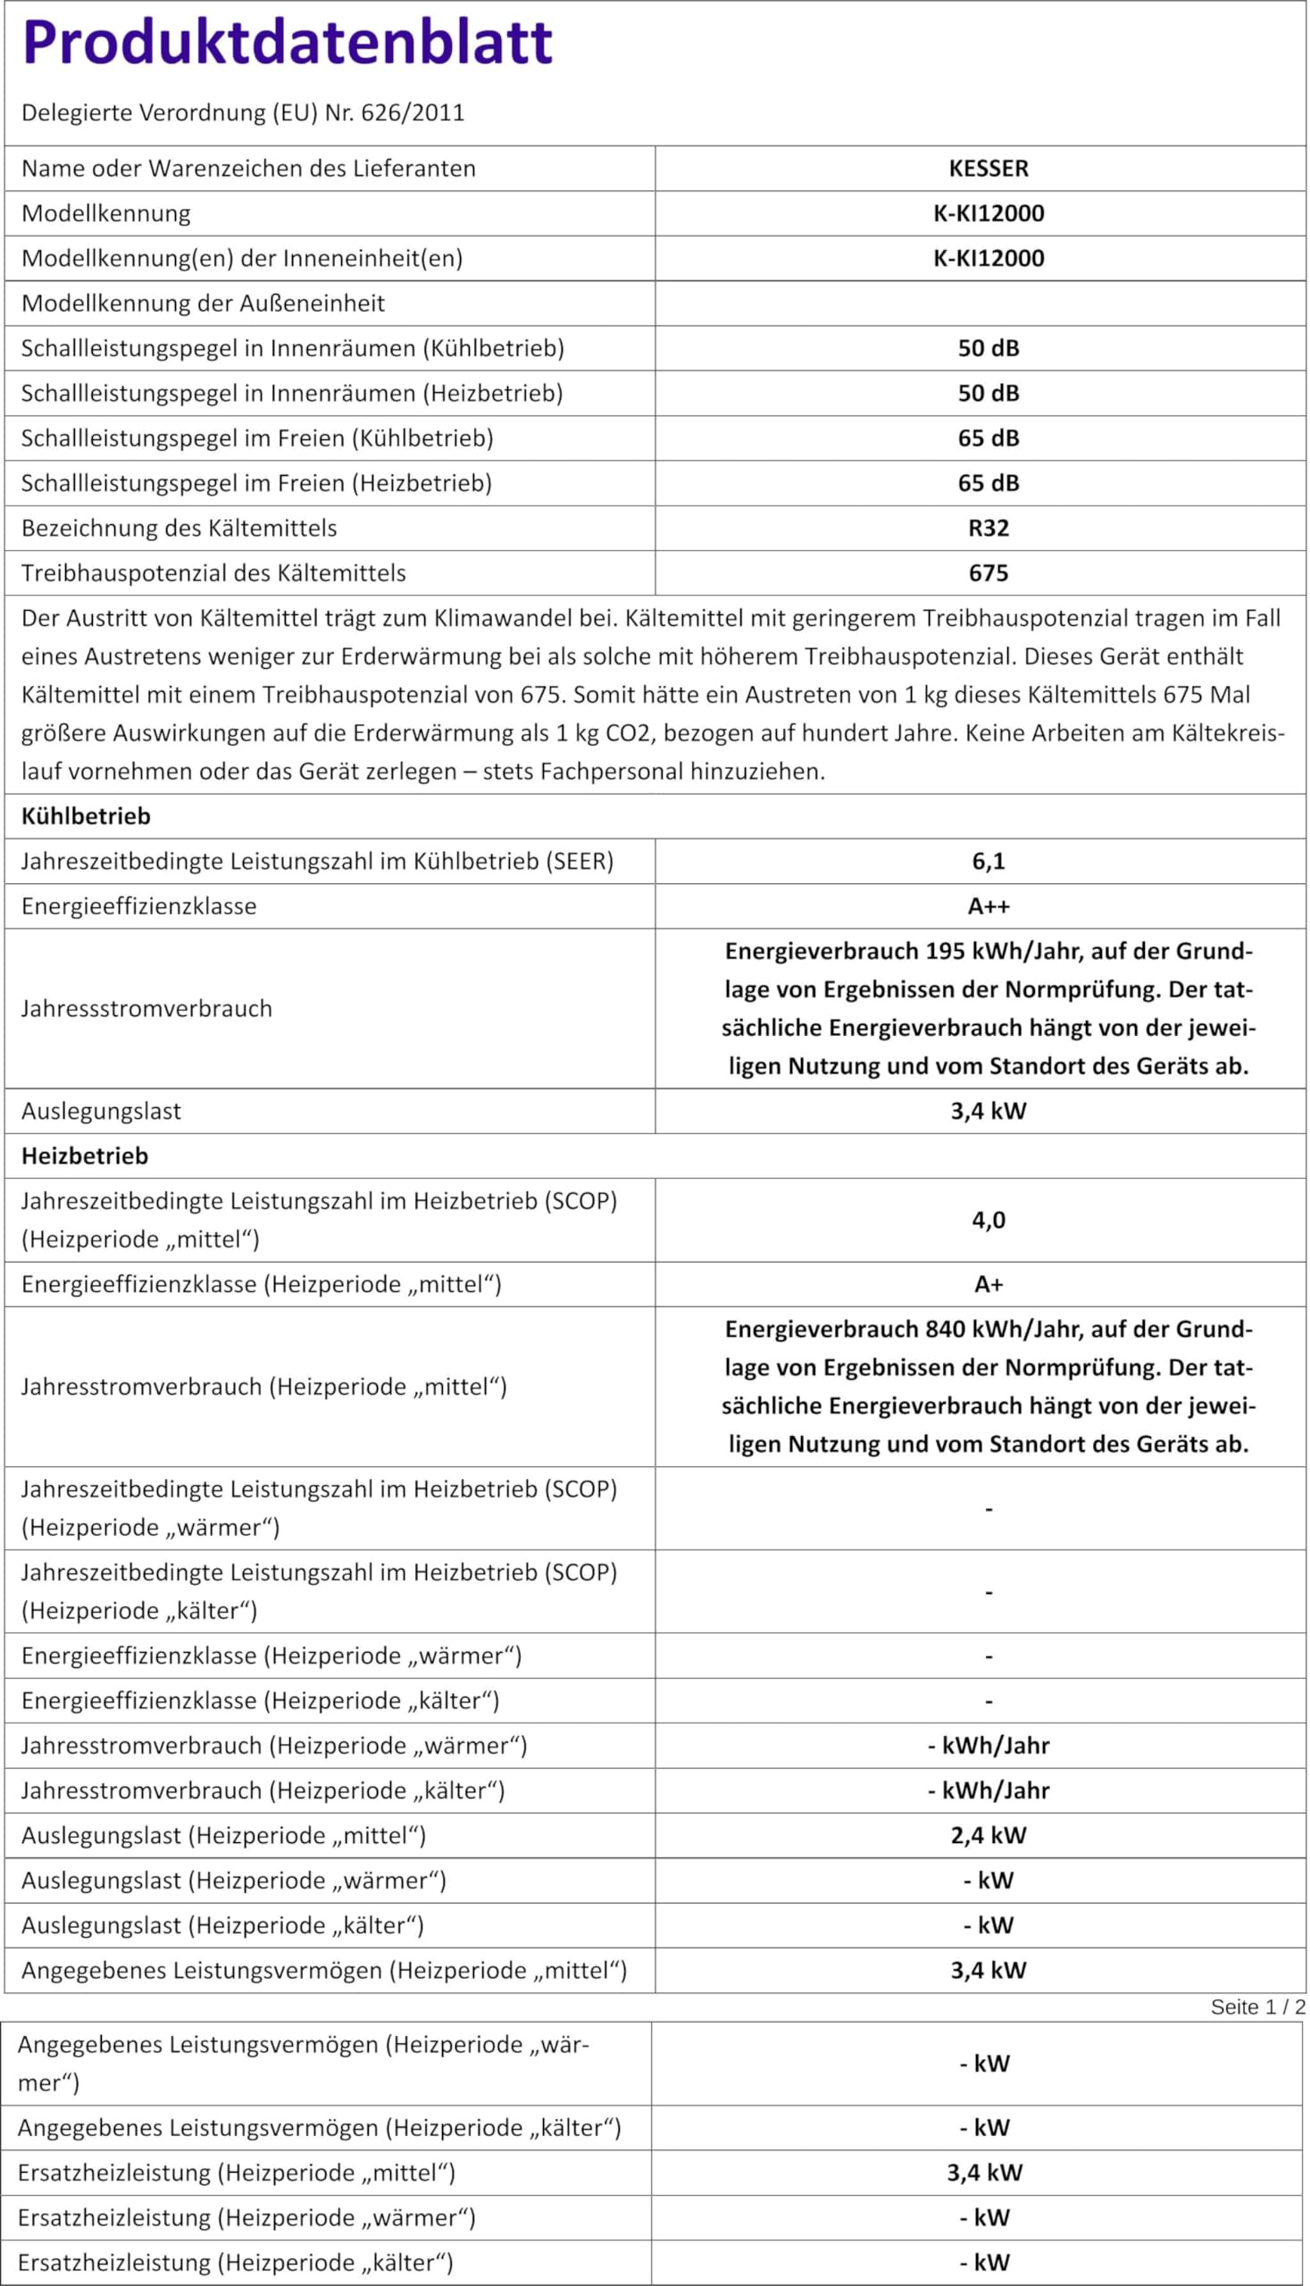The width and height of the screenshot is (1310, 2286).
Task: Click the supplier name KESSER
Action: point(988,168)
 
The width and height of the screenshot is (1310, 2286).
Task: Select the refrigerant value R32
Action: point(988,528)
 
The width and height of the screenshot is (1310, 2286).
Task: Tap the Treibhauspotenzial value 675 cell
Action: point(988,573)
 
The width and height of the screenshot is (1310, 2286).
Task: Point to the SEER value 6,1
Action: point(988,861)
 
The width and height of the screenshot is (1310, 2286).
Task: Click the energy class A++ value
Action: point(988,906)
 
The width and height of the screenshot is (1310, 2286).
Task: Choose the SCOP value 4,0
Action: point(988,1220)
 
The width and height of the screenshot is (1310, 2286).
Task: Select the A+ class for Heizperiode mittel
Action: point(988,1285)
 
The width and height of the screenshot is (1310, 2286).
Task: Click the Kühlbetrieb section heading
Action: point(86,816)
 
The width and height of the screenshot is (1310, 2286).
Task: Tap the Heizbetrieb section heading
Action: point(85,1156)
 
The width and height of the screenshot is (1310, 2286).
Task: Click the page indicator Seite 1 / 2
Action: point(1257,2007)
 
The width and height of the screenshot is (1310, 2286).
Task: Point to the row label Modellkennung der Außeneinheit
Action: point(203,304)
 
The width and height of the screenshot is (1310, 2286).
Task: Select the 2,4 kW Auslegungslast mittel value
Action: point(988,1835)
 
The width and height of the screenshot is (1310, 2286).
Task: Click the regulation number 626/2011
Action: point(412,113)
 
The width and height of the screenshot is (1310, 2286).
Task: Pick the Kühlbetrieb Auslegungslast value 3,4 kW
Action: point(988,1111)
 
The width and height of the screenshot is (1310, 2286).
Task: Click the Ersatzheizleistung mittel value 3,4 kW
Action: point(984,2173)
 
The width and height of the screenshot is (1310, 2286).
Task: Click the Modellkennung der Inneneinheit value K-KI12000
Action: point(988,258)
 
